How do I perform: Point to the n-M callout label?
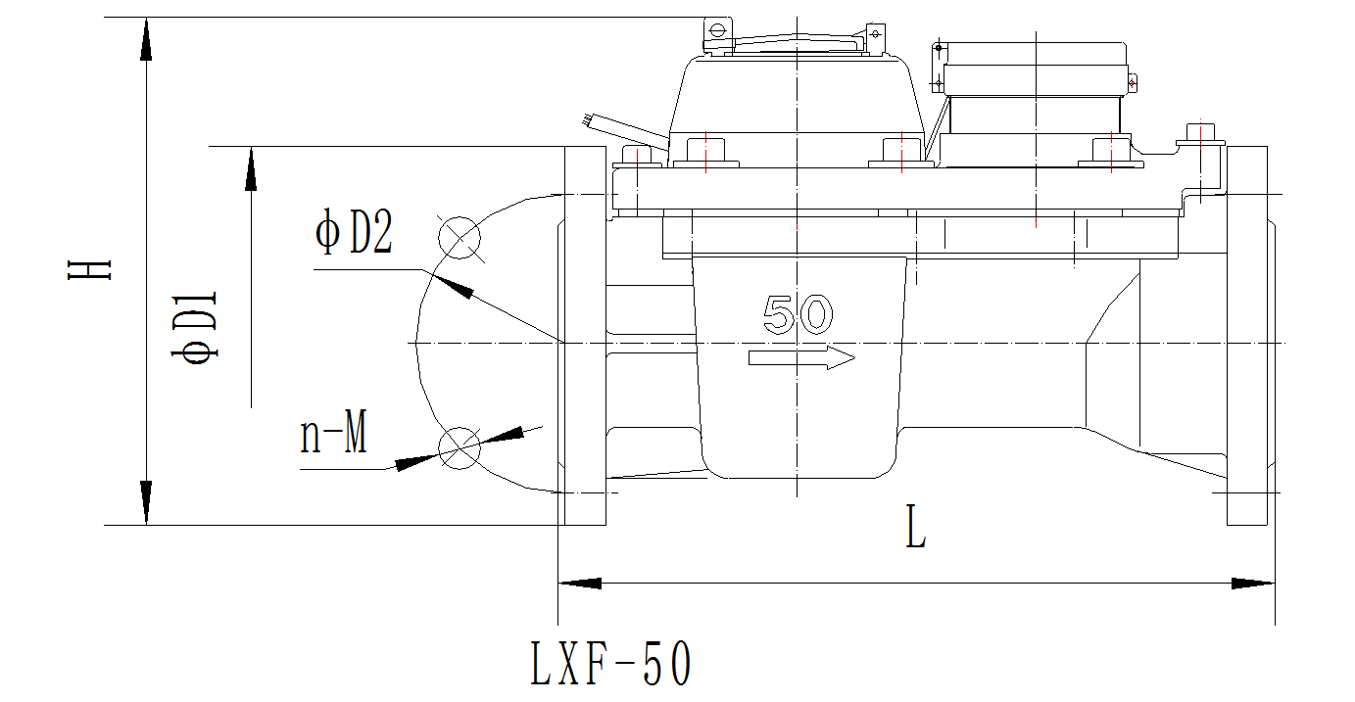pyautogui.click(x=334, y=435)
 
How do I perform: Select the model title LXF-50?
pyautogui.click(x=611, y=663)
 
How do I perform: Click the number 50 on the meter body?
pyautogui.click(x=798, y=315)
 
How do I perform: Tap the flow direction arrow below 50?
pyautogui.click(x=801, y=358)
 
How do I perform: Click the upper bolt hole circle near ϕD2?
pyautogui.click(x=459, y=236)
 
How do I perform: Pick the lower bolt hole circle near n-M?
pyautogui.click(x=459, y=448)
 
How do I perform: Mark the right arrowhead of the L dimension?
pyautogui.click(x=1253, y=584)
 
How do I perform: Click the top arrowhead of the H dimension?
pyautogui.click(x=146, y=39)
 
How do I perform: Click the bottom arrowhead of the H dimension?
pyautogui.click(x=146, y=503)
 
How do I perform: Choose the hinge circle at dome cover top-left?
pyautogui.click(x=717, y=30)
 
